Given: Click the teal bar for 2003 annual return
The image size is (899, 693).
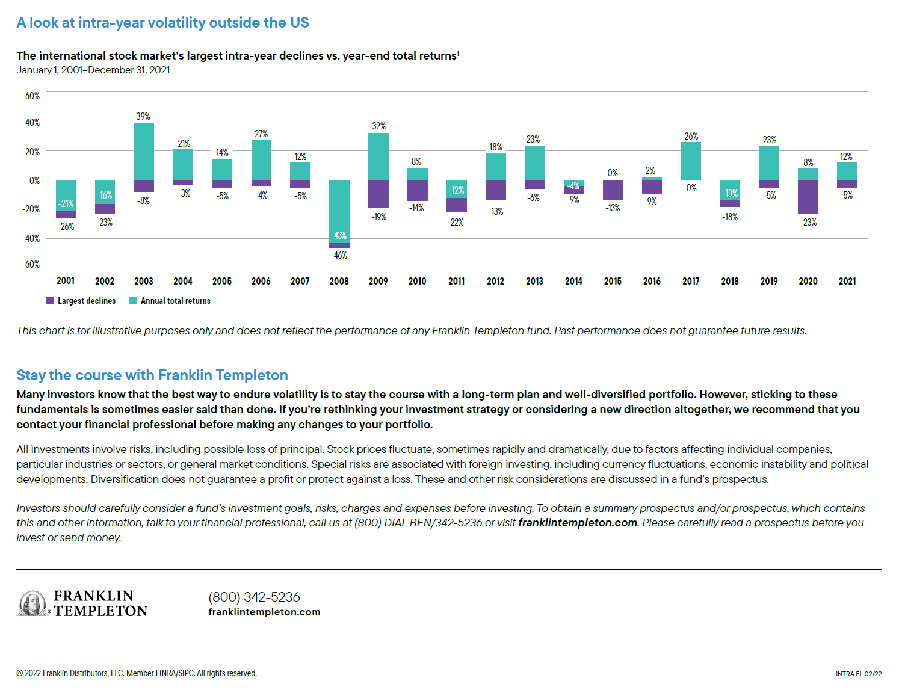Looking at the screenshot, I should pyautogui.click(x=144, y=151).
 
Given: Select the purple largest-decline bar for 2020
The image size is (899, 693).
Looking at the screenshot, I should pyautogui.click(x=808, y=197).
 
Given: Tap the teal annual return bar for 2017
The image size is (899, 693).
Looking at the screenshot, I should pyautogui.click(x=691, y=161).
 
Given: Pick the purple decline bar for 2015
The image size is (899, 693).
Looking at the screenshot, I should pyautogui.click(x=613, y=189).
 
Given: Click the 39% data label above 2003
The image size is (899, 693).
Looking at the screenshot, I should pyautogui.click(x=143, y=116).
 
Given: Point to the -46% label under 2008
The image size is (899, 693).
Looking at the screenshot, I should pyautogui.click(x=339, y=255).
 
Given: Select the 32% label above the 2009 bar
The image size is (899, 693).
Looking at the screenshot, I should pyautogui.click(x=378, y=126).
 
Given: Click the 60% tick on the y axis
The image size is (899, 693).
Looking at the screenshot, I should pyautogui.click(x=32, y=96).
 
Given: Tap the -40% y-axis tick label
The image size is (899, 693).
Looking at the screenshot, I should pyautogui.click(x=31, y=238).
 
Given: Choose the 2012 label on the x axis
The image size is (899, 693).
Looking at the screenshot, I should pyautogui.click(x=495, y=281).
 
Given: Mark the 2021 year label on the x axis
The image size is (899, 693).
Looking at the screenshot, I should pyautogui.click(x=847, y=281).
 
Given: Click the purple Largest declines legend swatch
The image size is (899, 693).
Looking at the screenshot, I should pyautogui.click(x=50, y=300).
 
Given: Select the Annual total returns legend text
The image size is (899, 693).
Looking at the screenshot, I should pyautogui.click(x=176, y=301).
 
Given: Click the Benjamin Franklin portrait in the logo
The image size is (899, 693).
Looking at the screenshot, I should pyautogui.click(x=32, y=603).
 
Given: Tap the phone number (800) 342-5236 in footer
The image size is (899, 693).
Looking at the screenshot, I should pyautogui.click(x=254, y=597).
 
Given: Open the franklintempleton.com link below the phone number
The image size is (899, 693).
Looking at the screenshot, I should pyautogui.click(x=264, y=612).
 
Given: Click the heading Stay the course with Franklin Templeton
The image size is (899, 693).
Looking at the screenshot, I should pyautogui.click(x=152, y=375).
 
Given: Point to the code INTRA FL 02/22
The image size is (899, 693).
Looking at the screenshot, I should pyautogui.click(x=858, y=674).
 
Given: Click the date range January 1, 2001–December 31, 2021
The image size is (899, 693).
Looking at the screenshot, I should pyautogui.click(x=93, y=70).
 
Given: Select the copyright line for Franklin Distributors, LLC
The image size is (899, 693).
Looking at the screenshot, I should pyautogui.click(x=137, y=673).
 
